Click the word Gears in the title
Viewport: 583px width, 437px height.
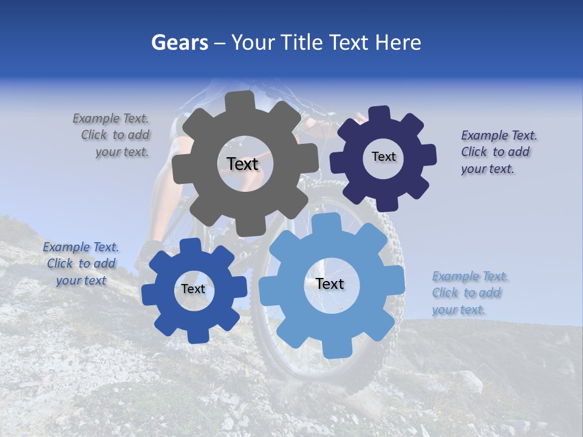179,42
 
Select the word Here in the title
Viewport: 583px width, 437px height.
398,42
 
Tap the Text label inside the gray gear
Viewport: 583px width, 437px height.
242,164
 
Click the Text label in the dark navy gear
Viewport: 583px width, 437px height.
383,157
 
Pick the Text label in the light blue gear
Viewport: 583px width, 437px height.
330,283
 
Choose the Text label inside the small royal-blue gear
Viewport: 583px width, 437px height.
193,289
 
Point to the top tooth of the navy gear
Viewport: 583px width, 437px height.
379,114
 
